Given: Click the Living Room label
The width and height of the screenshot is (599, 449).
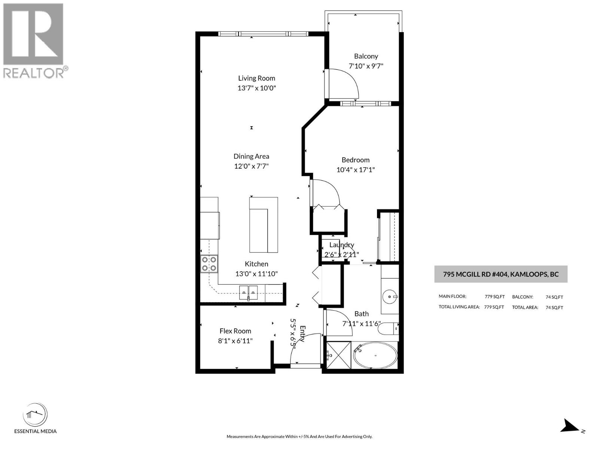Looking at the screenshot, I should (x=256, y=78).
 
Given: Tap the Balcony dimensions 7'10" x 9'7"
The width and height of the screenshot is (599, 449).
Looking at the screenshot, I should (x=366, y=66).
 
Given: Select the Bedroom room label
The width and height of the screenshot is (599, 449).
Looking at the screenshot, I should (x=355, y=160).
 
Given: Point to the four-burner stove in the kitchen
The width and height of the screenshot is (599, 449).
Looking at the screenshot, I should (x=209, y=263).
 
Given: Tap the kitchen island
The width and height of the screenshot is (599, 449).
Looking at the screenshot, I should (x=264, y=225).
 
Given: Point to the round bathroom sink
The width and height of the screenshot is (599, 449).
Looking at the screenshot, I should (x=390, y=297).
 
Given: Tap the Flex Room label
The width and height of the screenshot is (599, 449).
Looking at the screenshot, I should (x=235, y=331).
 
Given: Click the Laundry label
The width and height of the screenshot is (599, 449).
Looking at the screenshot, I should (x=341, y=245).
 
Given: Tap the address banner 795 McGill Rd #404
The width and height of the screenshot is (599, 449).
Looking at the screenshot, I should (x=501, y=274).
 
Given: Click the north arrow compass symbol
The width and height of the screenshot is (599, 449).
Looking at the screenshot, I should (x=569, y=426).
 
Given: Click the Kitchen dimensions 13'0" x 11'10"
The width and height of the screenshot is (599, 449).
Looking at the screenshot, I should (x=256, y=274).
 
